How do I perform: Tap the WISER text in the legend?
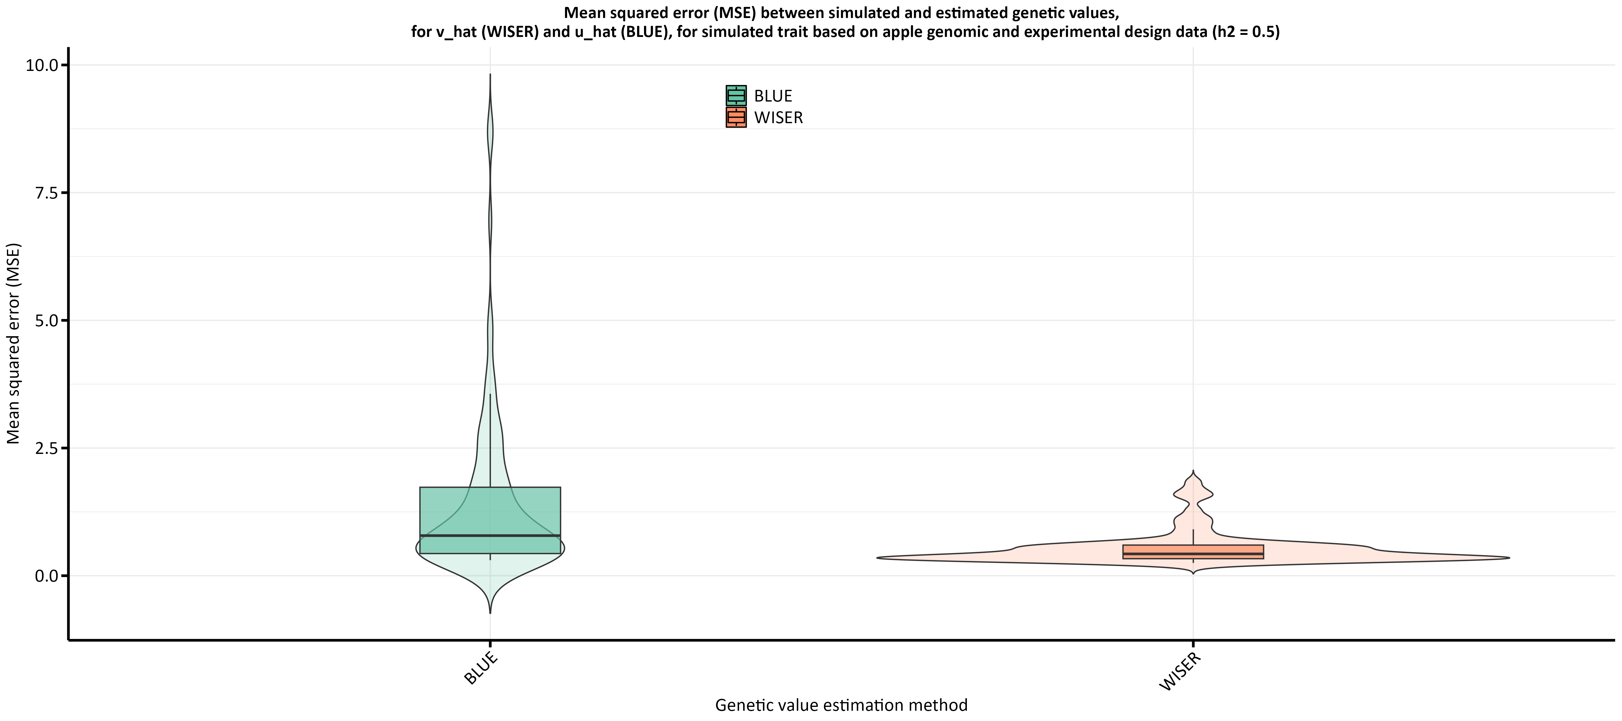(778, 118)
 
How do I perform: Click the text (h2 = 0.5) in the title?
(1245, 32)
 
